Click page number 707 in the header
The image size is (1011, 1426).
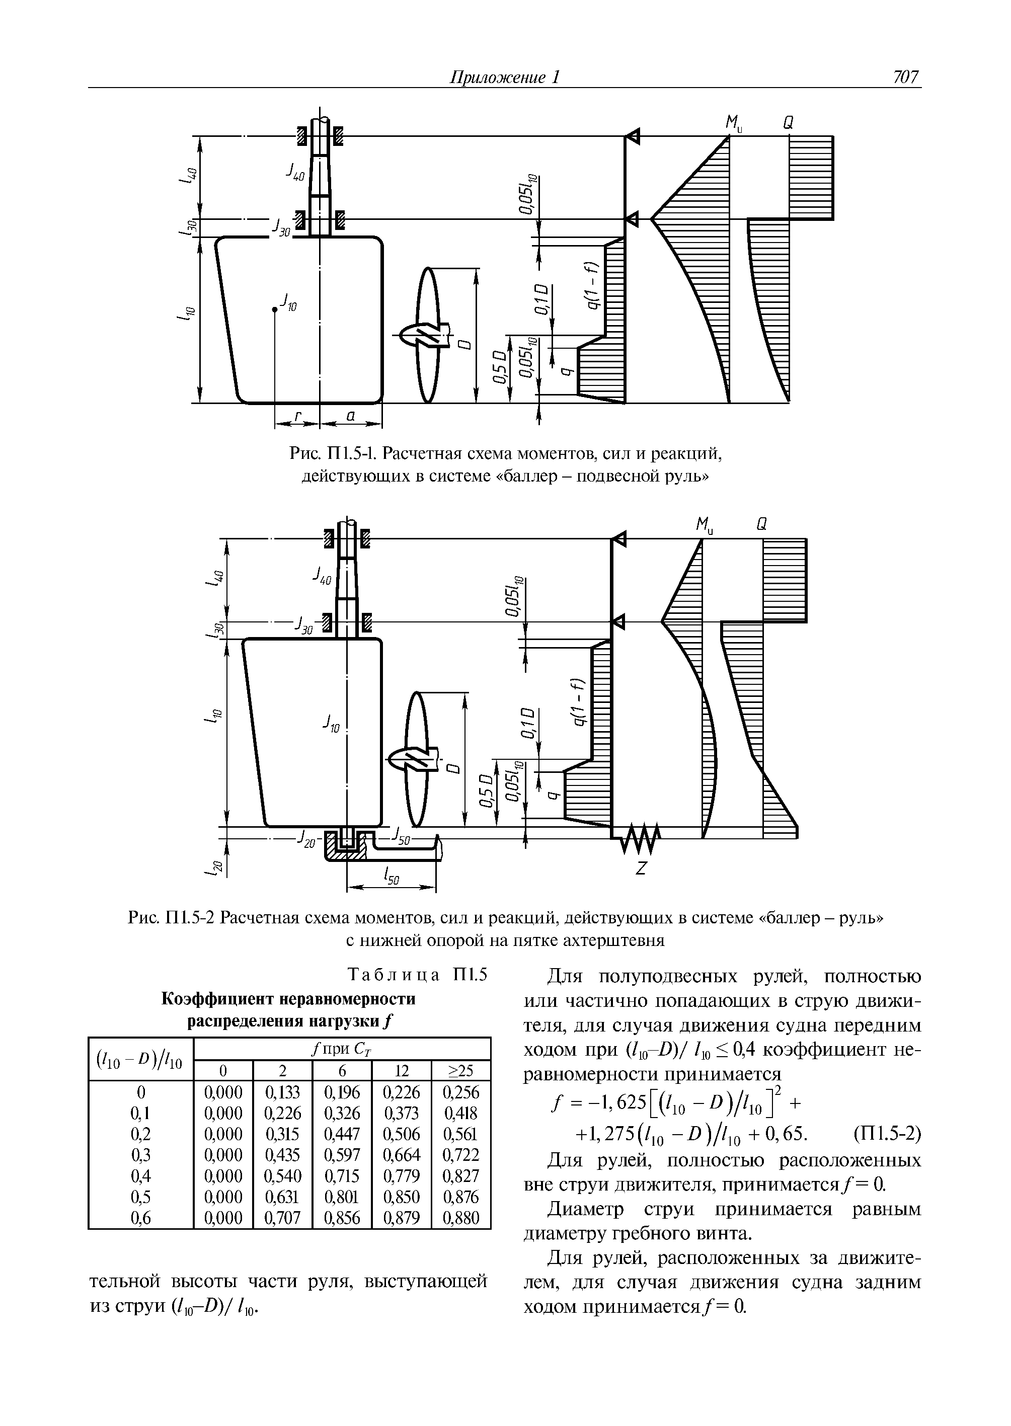point(905,77)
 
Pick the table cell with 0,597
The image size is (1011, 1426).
point(342,1155)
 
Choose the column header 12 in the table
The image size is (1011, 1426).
point(402,1071)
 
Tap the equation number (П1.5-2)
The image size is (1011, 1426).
point(887,1134)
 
